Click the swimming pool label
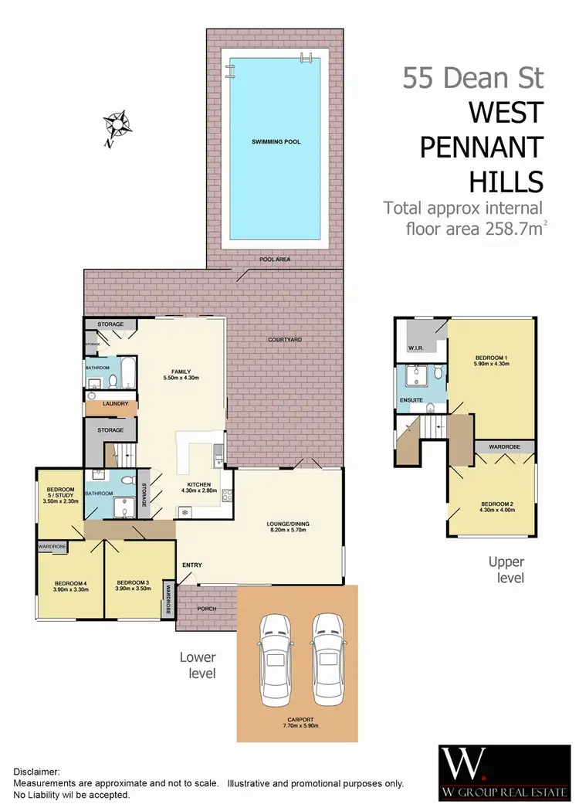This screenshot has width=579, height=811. [x=276, y=142]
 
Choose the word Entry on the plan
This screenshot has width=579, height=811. [x=191, y=565]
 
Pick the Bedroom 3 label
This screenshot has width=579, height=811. [x=133, y=585]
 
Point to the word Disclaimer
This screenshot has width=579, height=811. [x=39, y=772]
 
